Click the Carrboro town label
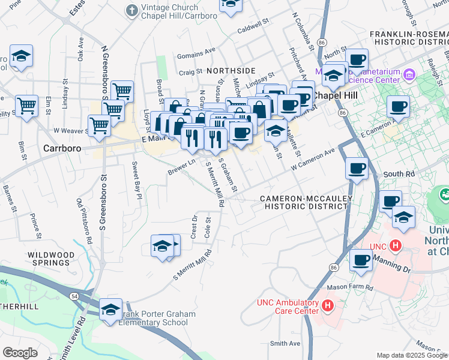pos(62,147)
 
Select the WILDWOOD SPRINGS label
pos(51,259)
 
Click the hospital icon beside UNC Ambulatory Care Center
pos(328,306)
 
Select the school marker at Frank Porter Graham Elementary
pos(111,310)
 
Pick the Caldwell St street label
pos(252,28)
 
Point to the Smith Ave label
pos(285,343)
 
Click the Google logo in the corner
pos(20,352)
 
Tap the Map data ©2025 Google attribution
pos(411,355)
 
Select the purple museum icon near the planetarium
pos(409,75)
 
